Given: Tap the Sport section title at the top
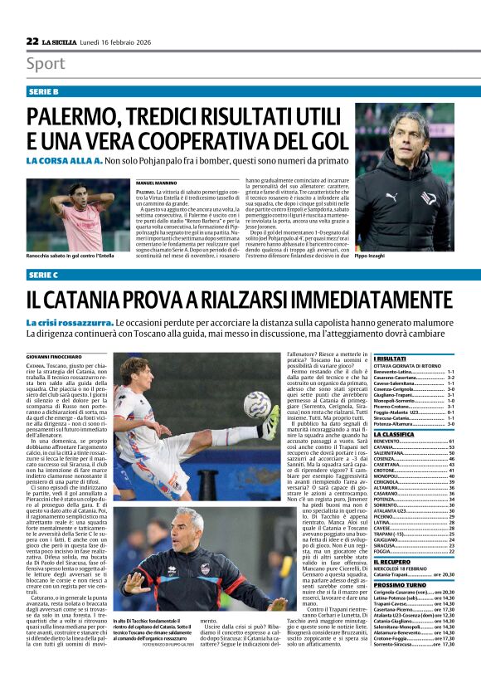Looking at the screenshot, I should [x=46, y=64].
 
